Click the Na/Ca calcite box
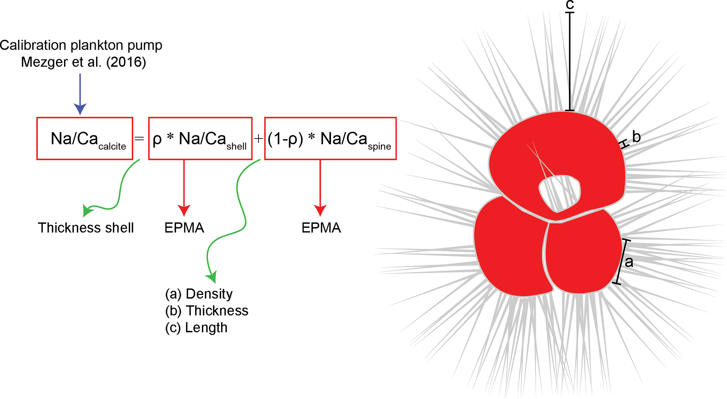85,139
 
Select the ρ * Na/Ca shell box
200,139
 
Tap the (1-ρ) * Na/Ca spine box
330,139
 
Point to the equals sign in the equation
139,139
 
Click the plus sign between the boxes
258,139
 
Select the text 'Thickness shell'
86,228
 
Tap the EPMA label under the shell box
184,228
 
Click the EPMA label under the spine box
321,228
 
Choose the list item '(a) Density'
199,294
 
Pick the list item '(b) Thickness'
206,311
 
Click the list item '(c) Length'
196,328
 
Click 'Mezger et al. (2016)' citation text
83,62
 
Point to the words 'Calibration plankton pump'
81,45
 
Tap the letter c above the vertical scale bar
570,5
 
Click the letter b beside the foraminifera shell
636,137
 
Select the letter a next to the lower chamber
629,262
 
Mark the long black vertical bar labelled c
570,62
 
